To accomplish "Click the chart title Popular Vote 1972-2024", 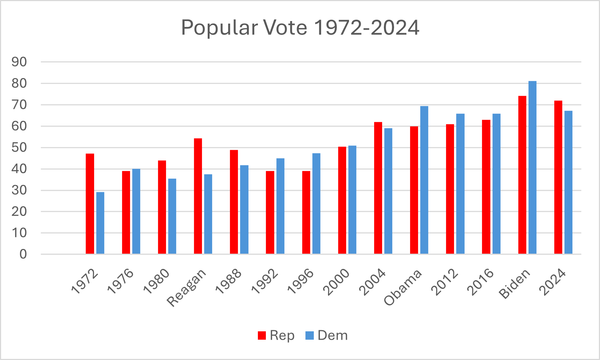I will pyautogui.click(x=300, y=28).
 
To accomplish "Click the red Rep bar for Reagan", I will pyautogui.click(x=198, y=196).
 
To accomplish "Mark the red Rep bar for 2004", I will pyautogui.click(x=378, y=188).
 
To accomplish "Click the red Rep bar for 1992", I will pyautogui.click(x=270, y=212).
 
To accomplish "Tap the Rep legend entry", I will pyautogui.click(x=276, y=335).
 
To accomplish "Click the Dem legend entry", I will pyautogui.click(x=327, y=335).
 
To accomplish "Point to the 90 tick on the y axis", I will pyautogui.click(x=19, y=62).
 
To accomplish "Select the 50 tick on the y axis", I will pyautogui.click(x=19, y=148).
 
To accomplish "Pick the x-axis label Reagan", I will pyautogui.click(x=187, y=288).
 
